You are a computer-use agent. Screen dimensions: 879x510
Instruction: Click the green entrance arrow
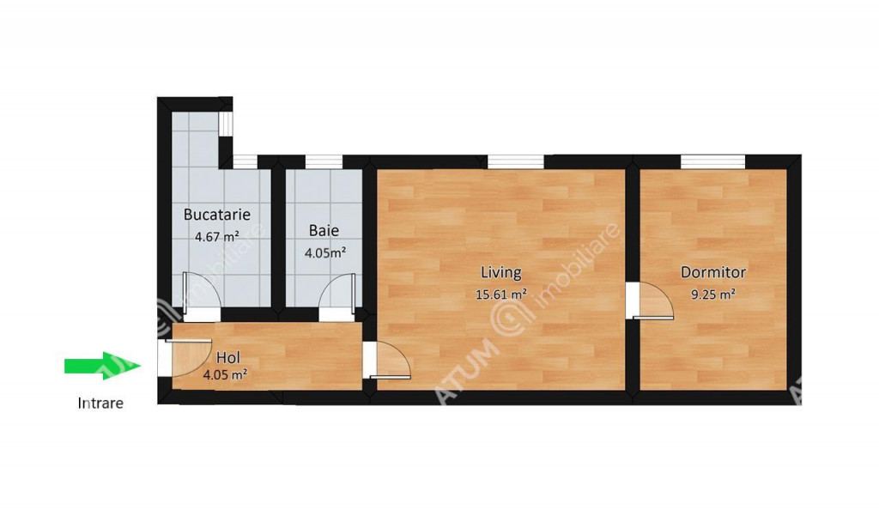(x=102, y=366)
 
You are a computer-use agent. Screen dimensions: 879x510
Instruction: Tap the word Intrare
(x=100, y=403)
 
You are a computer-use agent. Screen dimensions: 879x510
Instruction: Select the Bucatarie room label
(x=217, y=214)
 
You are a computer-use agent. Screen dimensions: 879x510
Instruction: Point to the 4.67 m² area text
(x=217, y=236)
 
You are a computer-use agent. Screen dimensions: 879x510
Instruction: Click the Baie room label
(x=324, y=230)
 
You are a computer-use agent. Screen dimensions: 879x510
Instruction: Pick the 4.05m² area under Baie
(x=325, y=252)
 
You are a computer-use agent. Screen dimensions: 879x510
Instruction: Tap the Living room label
(x=501, y=272)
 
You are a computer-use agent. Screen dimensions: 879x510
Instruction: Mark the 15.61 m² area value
(x=501, y=294)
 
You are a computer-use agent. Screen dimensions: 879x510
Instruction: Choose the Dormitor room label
(x=713, y=272)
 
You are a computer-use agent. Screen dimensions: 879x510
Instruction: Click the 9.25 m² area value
(x=713, y=294)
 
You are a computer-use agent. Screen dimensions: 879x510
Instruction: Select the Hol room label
(x=228, y=357)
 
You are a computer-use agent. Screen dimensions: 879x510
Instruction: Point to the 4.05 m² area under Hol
(x=226, y=375)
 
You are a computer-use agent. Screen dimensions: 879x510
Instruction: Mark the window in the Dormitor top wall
(x=713, y=161)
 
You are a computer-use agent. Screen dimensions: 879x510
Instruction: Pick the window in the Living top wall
(x=516, y=161)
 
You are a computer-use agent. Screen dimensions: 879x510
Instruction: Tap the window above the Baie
(x=324, y=161)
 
